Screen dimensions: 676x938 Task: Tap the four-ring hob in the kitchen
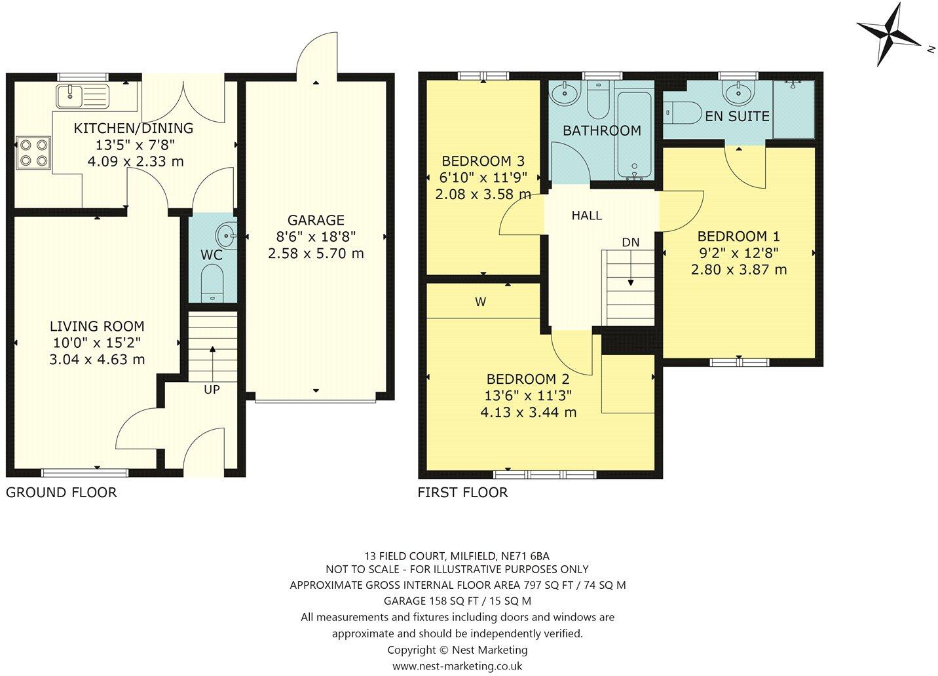point(33,151)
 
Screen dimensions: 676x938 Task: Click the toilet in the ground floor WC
point(212,282)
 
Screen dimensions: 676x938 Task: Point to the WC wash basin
point(226,233)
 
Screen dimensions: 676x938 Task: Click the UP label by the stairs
point(212,389)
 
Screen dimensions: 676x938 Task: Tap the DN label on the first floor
point(630,242)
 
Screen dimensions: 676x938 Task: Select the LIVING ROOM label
point(97,326)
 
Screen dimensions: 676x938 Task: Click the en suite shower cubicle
point(794,109)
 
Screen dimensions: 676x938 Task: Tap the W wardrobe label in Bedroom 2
point(480,302)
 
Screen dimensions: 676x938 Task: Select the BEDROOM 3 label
point(483,161)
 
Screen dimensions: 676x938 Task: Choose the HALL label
point(586,216)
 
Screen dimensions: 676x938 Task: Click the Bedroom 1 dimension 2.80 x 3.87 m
point(738,269)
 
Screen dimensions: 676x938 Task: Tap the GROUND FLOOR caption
point(62,493)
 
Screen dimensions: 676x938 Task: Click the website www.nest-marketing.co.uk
point(457,666)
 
